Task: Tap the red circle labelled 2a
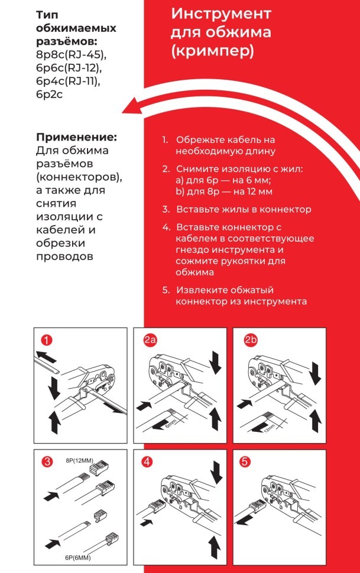[x=150, y=340]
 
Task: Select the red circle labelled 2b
[x=250, y=340]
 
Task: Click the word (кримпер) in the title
[x=212, y=51]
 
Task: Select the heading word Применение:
[x=77, y=136]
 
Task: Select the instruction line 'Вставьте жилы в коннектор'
[x=244, y=209]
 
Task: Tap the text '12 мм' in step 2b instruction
[x=258, y=191]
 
